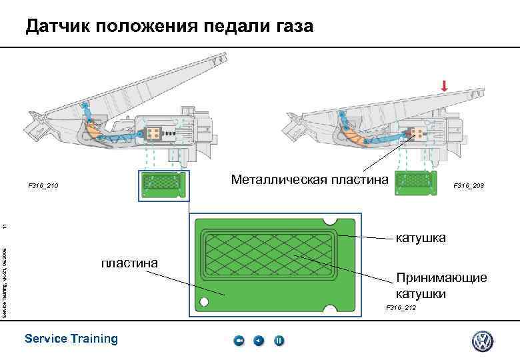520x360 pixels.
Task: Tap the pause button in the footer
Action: coord(279,341)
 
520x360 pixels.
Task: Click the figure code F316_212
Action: coord(401,307)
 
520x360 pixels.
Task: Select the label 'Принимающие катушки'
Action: coord(431,285)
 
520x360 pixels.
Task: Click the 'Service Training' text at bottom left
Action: coord(71,339)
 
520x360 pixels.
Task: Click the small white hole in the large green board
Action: coord(203,301)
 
